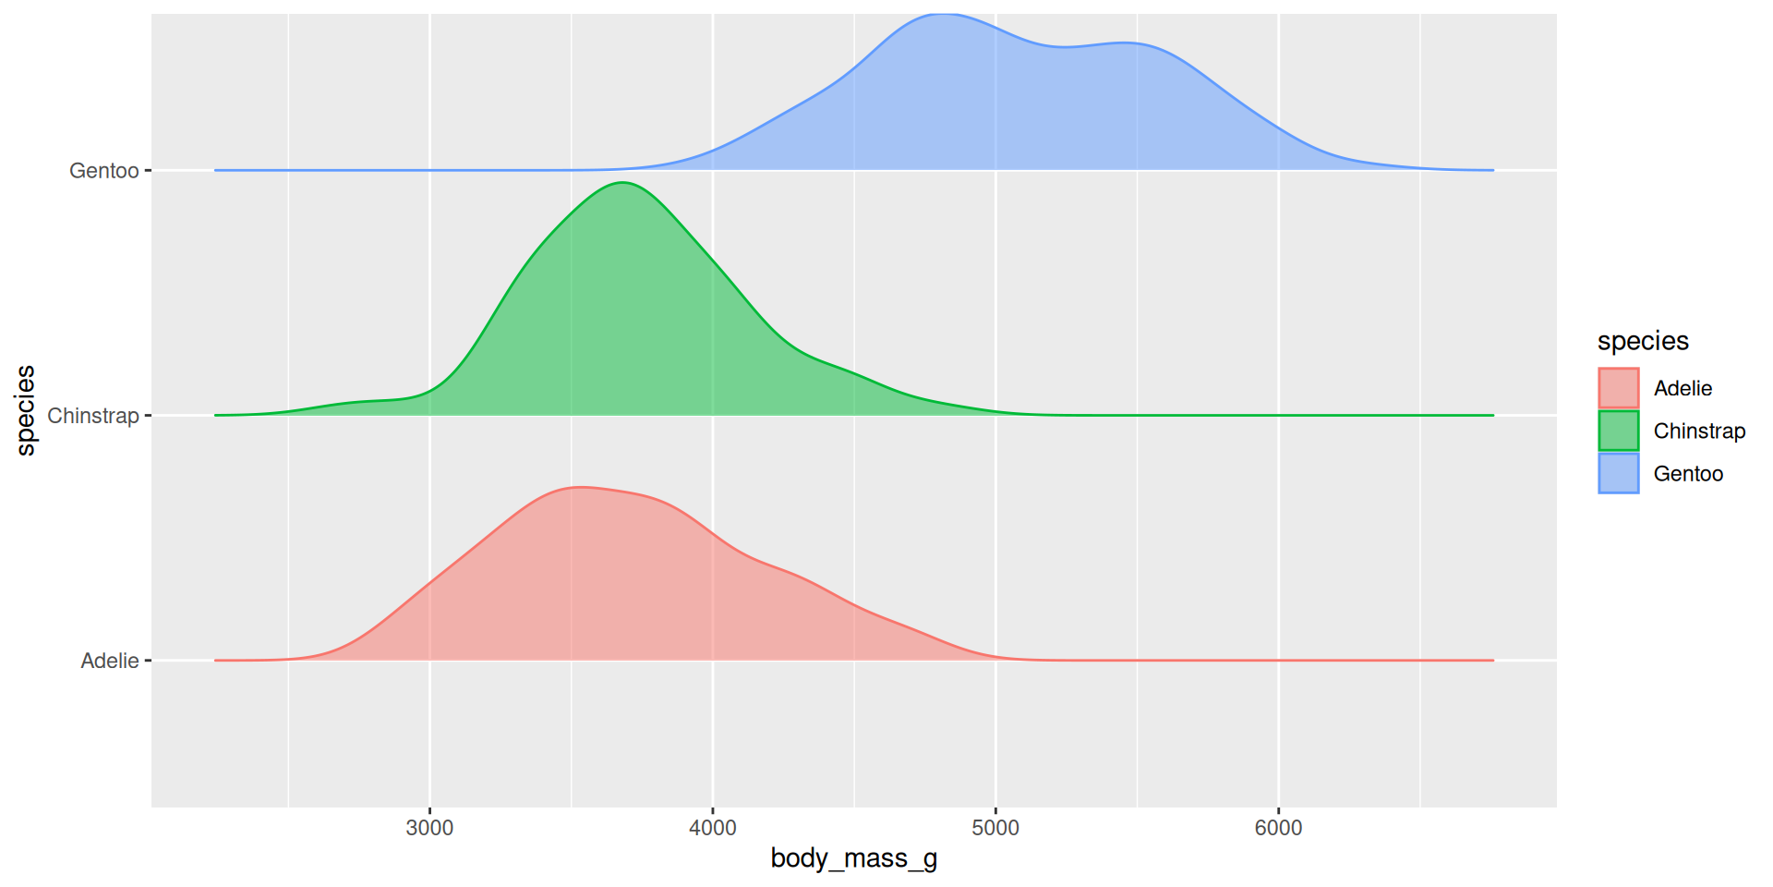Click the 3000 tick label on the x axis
click(429, 828)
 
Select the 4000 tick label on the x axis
click(713, 828)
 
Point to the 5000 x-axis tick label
click(995, 828)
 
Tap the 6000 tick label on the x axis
click(1278, 828)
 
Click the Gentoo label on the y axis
click(103, 171)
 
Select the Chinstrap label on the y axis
click(92, 416)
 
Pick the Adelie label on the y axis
click(109, 661)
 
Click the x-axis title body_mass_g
click(854, 858)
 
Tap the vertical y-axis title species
click(26, 410)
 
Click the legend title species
click(1643, 341)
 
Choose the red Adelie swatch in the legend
click(1619, 388)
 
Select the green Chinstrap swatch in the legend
click(1619, 431)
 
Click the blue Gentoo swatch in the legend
click(1619, 473)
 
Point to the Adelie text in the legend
click(1683, 388)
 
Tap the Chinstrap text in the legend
click(1699, 431)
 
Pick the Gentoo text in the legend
click(1688, 473)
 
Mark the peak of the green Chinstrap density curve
click(623, 183)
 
